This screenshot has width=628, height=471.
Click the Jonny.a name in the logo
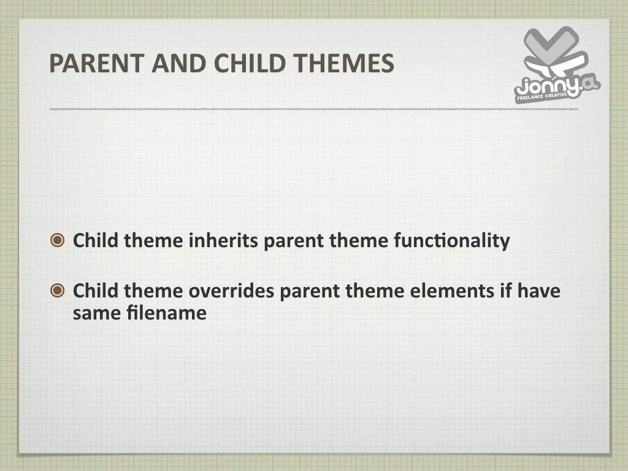pyautogui.click(x=548, y=88)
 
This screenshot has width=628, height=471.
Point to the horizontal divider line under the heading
pyautogui.click(x=313, y=109)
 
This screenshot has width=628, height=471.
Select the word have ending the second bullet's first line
pyautogui.click(x=538, y=291)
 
